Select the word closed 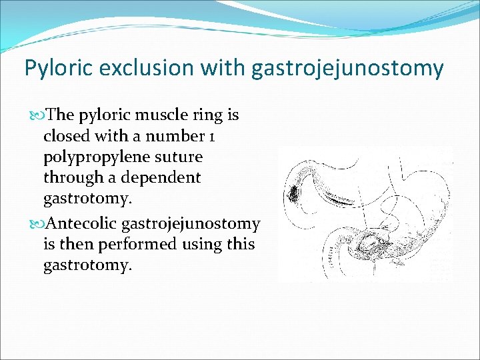pos(67,137)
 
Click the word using pos(203,244)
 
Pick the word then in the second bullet pos(77,244)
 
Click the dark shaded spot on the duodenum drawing pos(293,193)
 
